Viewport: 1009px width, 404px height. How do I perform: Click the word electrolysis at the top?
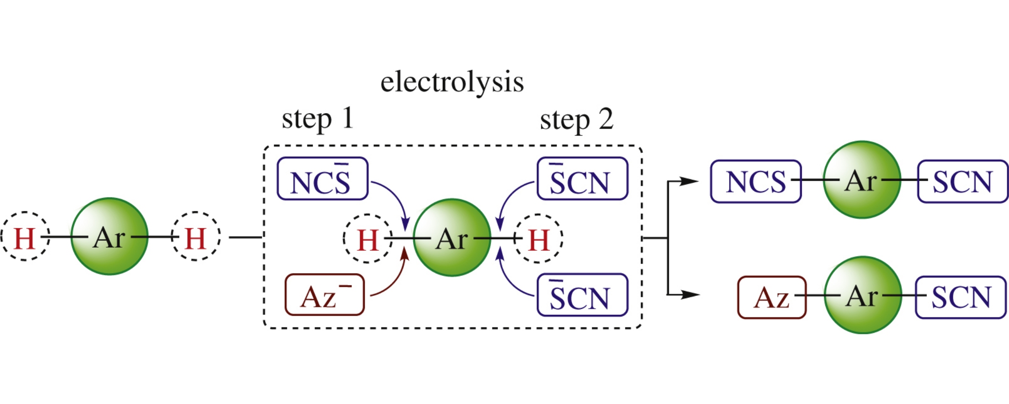click(452, 82)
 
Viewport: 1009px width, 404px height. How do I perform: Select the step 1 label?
click(318, 119)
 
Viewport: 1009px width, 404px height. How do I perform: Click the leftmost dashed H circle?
click(25, 237)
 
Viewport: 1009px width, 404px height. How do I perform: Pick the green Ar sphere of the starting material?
click(109, 236)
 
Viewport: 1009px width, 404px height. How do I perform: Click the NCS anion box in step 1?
click(322, 179)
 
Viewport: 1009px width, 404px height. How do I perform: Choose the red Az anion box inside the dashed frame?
click(324, 295)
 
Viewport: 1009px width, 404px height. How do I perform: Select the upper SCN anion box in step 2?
click(582, 179)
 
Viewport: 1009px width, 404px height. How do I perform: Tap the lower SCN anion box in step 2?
click(582, 295)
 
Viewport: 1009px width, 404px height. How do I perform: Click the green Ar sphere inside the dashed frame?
click(452, 238)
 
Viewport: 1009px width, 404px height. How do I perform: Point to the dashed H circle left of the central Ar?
click(367, 238)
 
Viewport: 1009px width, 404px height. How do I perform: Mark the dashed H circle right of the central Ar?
click(538, 238)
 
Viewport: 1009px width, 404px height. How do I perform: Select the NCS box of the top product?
click(755, 181)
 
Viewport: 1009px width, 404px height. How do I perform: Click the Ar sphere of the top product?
click(862, 180)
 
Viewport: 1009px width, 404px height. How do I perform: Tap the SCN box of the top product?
click(962, 181)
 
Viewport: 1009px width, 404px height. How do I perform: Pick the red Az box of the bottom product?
click(771, 297)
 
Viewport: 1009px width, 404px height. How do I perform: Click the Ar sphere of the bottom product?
click(863, 295)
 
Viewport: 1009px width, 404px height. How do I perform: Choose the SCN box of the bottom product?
click(961, 297)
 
